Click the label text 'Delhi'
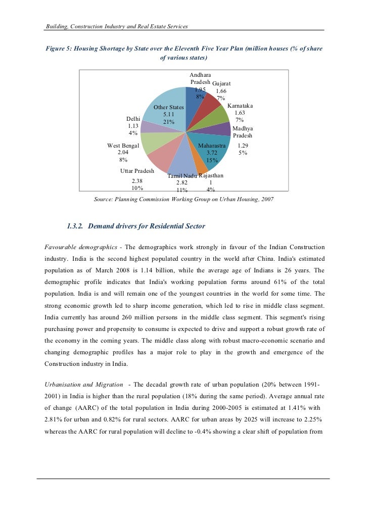(133, 119)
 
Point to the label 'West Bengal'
(123, 146)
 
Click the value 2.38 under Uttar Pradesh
(136, 181)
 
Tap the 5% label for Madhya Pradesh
(243, 152)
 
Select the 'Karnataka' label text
(240, 106)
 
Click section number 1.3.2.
(76, 226)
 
